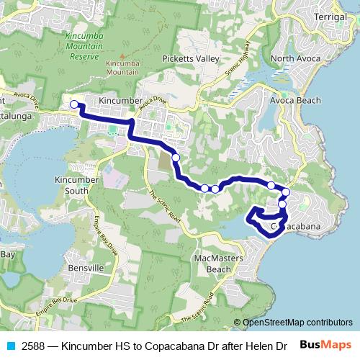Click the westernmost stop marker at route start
(73, 105)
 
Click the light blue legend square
(11, 345)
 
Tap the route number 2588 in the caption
(34, 345)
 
